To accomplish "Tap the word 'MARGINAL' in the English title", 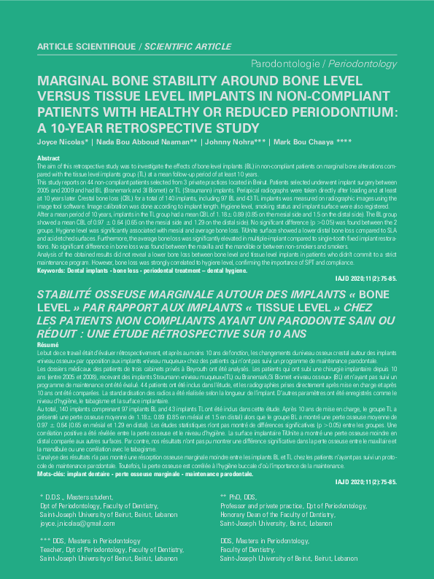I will [73, 81].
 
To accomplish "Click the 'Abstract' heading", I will [48, 158].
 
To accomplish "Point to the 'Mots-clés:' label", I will [55, 454].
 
